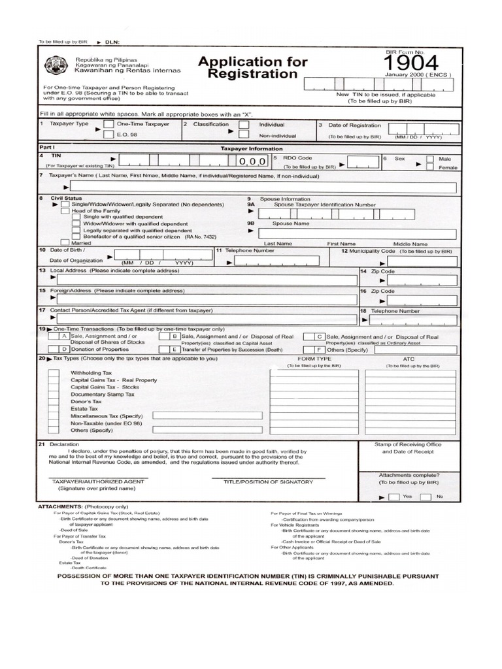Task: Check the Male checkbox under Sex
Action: click(x=430, y=158)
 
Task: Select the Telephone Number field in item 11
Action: click(x=276, y=261)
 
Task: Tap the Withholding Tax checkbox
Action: click(x=53, y=372)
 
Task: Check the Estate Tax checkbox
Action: click(x=53, y=408)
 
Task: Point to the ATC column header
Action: click(x=409, y=359)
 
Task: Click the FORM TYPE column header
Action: click(x=314, y=359)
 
